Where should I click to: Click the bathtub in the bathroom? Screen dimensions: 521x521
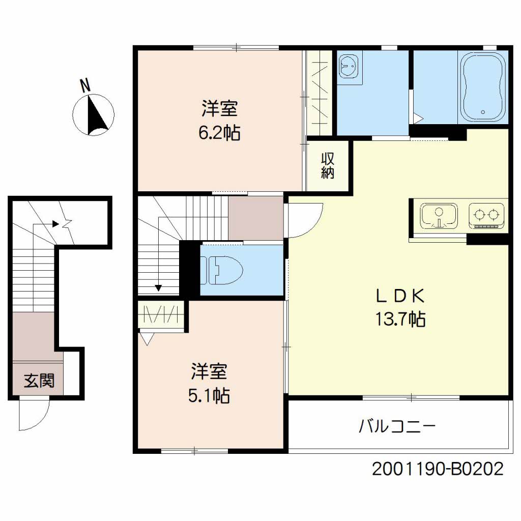pos(483,88)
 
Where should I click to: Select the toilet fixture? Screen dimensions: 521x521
pos(221,271)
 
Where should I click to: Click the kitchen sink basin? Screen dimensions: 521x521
pos(439,216)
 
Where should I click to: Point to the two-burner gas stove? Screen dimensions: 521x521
pos(486,216)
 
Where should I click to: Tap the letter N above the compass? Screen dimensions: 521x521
pos(85,85)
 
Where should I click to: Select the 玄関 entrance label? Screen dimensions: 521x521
pos(39,381)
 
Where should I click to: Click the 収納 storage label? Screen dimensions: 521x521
pos(328,166)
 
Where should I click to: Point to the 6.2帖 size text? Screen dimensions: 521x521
pos(219,133)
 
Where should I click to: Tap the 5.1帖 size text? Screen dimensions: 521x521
pos(209,396)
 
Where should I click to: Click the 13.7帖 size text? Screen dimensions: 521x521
pos(400,319)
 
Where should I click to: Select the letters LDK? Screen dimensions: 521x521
pos(400,296)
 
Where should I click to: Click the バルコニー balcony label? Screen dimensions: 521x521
pos(397,426)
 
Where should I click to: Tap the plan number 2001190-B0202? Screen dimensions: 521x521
pos(438,469)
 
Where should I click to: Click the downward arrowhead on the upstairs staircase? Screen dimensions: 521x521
pos(159,288)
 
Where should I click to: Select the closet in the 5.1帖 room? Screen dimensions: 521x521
pos(161,315)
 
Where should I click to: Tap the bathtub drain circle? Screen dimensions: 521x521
pos(483,112)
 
